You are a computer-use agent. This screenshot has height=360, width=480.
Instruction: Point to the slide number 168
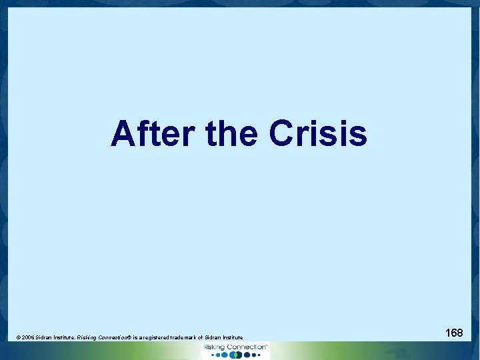(454, 332)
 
